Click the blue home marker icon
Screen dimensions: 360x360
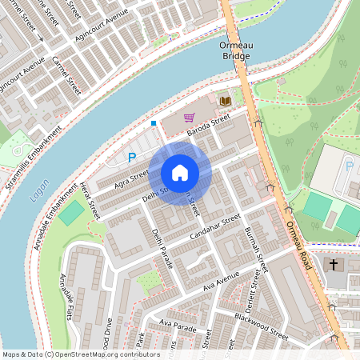180,172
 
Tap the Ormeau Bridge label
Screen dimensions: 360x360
237,51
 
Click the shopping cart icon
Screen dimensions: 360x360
189,117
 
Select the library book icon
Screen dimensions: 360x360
225,101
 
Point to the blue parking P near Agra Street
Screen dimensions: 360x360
132,158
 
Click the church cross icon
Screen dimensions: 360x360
334,265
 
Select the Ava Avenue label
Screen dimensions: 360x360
222,280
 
